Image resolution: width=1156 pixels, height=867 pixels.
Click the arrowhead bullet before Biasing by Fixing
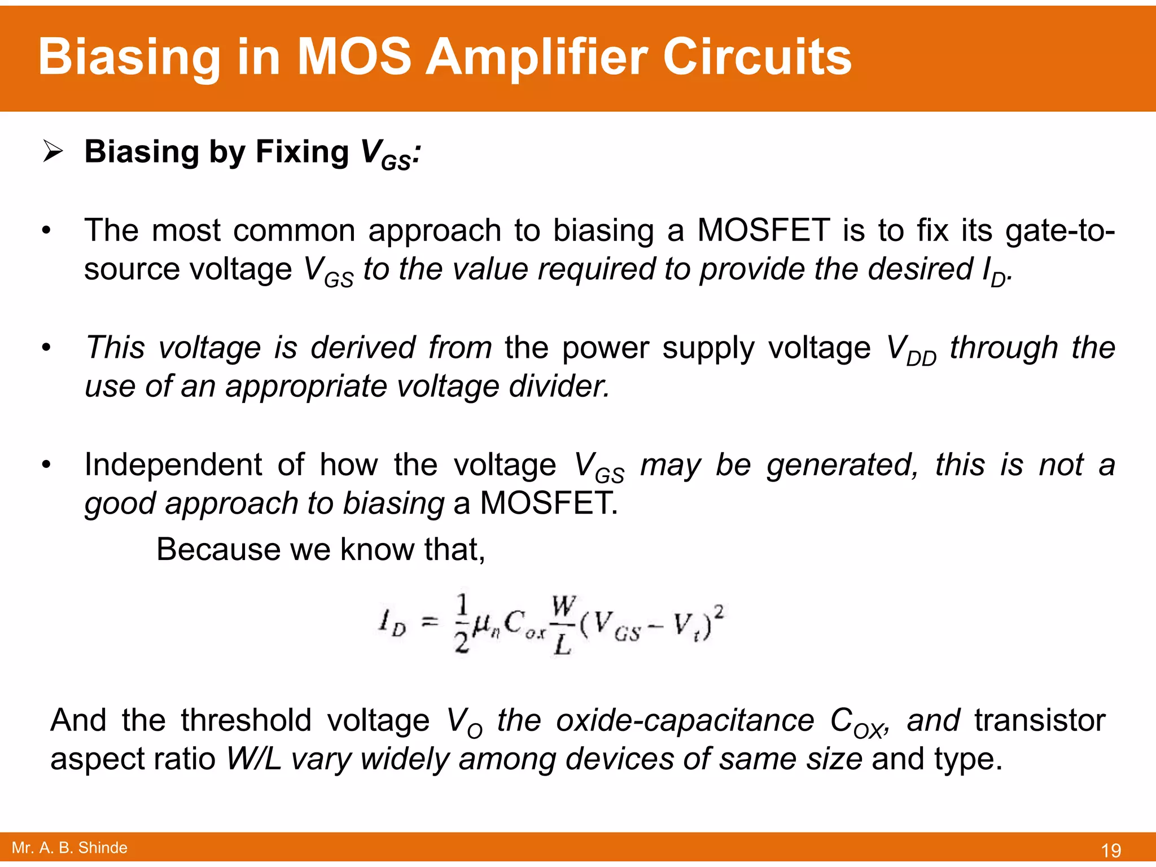pyautogui.click(x=52, y=152)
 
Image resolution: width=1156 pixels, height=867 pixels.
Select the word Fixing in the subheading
pyautogui.click(x=302, y=152)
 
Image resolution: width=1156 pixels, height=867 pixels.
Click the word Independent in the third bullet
pyautogui.click(x=173, y=465)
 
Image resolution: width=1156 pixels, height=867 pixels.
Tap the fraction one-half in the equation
pyautogui.click(x=462, y=623)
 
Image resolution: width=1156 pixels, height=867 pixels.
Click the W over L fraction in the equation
pyautogui.click(x=563, y=624)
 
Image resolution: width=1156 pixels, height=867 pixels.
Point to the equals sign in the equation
pyautogui.click(x=430, y=622)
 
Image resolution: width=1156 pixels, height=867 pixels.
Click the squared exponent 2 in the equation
pyautogui.click(x=719, y=611)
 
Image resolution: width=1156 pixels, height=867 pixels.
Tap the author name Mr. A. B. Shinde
pyautogui.click(x=69, y=848)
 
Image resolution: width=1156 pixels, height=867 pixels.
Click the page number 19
pyautogui.click(x=1111, y=850)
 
